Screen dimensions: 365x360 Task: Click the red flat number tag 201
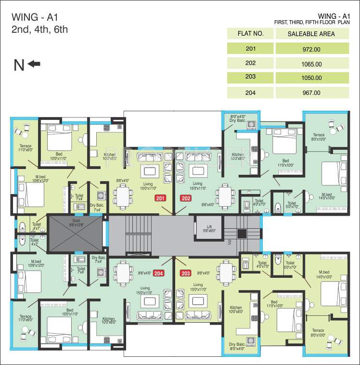160,198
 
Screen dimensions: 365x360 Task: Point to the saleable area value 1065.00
311,64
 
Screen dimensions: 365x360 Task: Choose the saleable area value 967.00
311,93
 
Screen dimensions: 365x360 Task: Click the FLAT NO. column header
250,34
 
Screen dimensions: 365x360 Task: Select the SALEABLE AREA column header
311,34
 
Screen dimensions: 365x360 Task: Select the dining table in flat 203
225,273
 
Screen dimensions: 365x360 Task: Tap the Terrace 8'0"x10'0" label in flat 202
319,137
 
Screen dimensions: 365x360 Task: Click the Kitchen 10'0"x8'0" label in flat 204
108,321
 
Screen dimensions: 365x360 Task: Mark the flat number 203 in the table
250,77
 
